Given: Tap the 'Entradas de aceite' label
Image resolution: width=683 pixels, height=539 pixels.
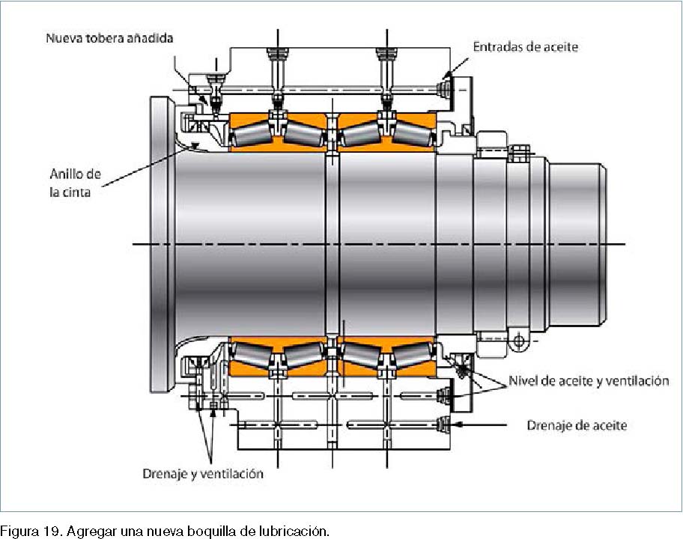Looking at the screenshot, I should pos(525,47).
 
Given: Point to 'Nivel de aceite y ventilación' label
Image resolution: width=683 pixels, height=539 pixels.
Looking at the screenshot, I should pos(589,381).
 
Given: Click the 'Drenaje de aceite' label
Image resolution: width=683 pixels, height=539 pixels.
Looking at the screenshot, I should pos(577,425).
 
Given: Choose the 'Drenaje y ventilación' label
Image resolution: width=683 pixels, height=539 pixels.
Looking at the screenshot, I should pos(203,474).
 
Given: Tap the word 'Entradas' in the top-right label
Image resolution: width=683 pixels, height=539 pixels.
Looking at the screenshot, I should pos(497,47).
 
